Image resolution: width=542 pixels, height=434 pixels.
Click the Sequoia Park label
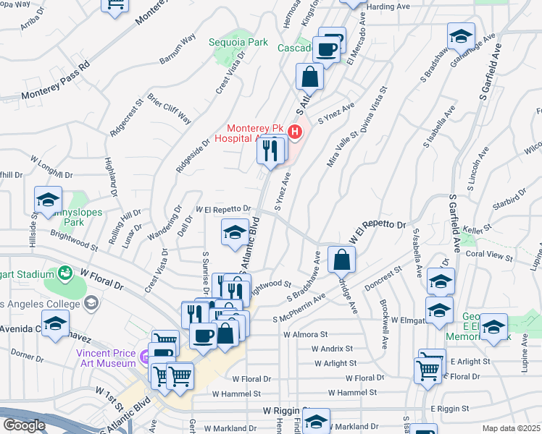coord(239,43)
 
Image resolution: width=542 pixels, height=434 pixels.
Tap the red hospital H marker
coord(295,132)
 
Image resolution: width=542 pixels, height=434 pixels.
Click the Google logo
coord(24,425)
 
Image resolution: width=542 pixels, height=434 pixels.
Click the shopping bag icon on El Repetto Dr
coord(341,259)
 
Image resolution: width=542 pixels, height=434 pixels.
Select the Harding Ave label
coord(389,7)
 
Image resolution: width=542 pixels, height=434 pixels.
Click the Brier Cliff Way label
coord(169,108)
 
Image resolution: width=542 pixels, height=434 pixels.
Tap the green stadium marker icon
coord(64,273)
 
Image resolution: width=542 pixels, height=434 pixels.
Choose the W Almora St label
coord(307,336)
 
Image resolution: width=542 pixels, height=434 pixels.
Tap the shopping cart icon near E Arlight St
coord(428,370)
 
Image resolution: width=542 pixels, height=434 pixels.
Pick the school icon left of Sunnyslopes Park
coord(49,200)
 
